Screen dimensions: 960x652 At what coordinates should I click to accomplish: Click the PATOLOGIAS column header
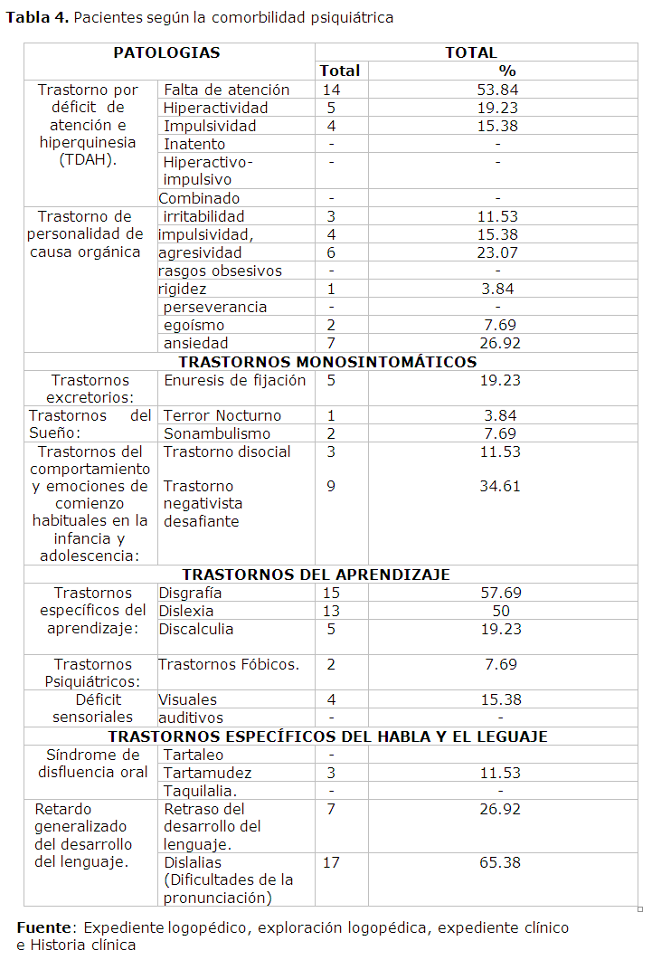point(166,52)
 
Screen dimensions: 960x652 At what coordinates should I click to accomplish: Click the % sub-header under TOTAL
point(506,71)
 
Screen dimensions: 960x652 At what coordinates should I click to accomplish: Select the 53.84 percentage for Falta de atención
point(497,90)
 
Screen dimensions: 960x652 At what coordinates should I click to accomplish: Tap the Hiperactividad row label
point(215,108)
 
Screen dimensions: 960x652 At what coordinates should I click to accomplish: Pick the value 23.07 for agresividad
point(497,252)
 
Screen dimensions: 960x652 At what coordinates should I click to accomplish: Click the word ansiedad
point(195,343)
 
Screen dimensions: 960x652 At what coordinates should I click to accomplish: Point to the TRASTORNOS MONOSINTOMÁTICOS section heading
point(327,362)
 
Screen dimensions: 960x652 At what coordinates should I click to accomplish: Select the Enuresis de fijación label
point(234,380)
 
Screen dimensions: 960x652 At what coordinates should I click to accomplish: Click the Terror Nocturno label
point(222,415)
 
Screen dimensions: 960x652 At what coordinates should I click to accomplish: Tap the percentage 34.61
point(500,486)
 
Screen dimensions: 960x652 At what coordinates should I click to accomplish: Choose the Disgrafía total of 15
point(331,593)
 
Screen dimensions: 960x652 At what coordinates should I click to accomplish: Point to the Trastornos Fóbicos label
point(228,664)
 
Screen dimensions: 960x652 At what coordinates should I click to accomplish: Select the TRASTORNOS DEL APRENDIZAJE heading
point(316,575)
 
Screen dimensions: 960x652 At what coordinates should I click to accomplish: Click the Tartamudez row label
point(207,773)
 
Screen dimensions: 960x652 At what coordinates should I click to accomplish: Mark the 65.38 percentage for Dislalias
point(500,862)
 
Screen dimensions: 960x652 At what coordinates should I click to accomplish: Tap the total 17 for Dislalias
point(331,862)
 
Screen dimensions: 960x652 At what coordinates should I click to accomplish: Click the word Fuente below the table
point(43,927)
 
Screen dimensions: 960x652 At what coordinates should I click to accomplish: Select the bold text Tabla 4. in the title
point(38,18)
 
